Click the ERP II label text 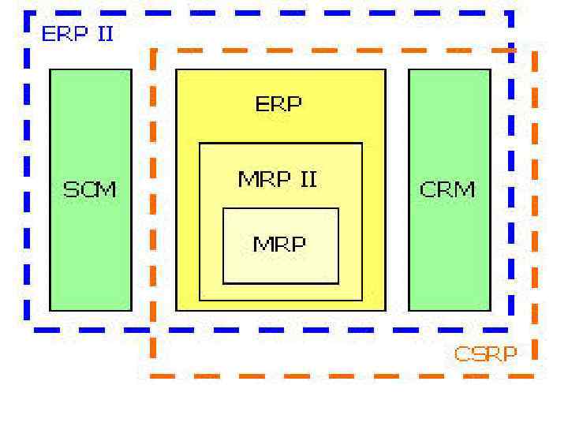click(77, 37)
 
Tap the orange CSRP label click(485, 353)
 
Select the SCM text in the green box click(90, 189)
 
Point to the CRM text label click(448, 189)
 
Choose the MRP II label click(278, 179)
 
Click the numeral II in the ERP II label click(105, 37)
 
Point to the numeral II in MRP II click(306, 179)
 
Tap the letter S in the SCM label click(70, 189)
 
